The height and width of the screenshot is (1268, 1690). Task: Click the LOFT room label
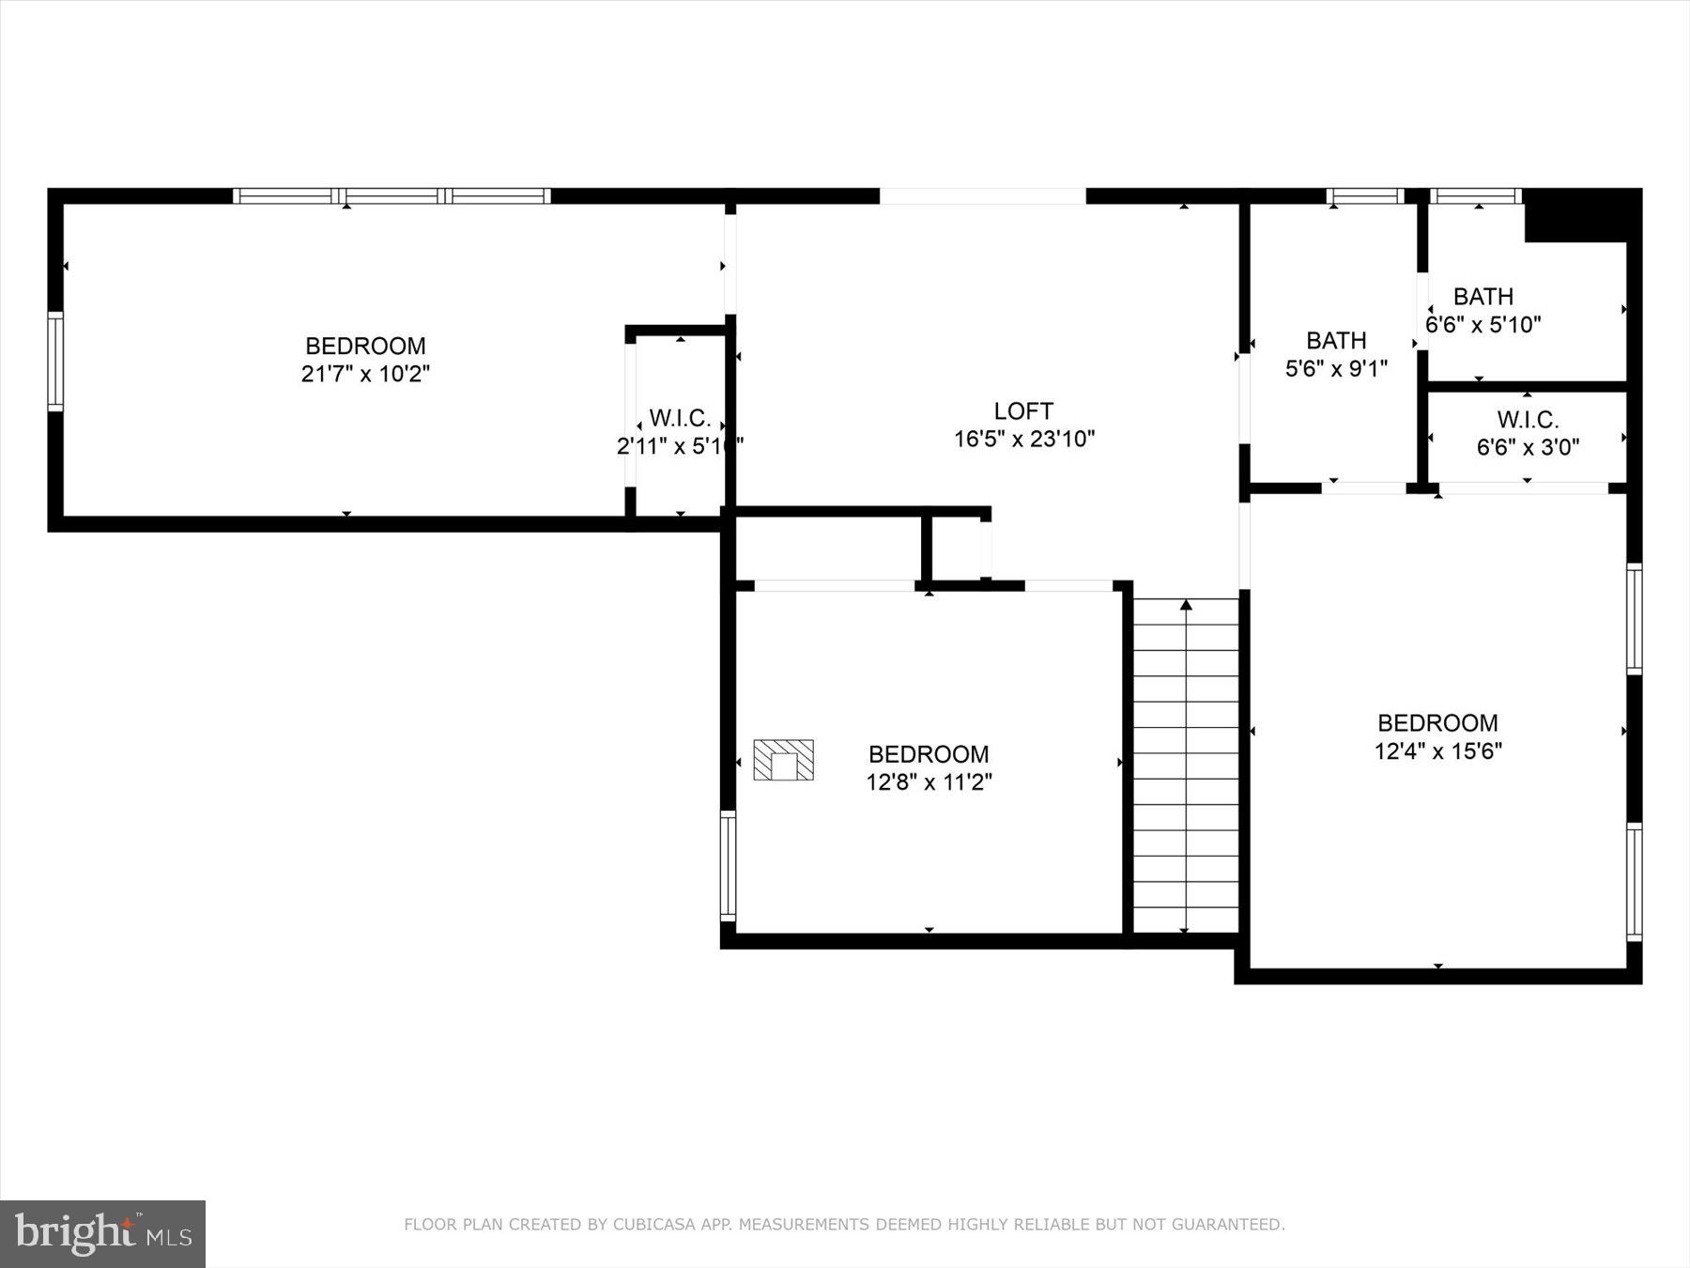tap(1023, 410)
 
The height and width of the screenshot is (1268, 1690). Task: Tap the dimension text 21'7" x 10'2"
tap(365, 374)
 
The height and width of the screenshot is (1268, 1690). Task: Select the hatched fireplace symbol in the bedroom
tap(783, 760)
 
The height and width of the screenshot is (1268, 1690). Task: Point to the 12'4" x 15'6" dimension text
tap(1437, 751)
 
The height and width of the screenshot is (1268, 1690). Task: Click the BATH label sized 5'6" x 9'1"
tap(1336, 340)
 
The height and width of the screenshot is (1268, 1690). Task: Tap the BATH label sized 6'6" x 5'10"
tap(1483, 297)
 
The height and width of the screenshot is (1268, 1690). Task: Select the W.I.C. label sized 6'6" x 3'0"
tap(1528, 420)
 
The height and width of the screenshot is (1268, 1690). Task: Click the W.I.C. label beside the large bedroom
tap(679, 419)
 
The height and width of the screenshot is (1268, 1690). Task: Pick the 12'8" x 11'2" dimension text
tap(929, 782)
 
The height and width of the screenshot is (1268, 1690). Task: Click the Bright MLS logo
tap(102, 1233)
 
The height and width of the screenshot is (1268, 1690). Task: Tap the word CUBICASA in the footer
tap(652, 1225)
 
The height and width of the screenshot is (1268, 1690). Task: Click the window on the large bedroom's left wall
tap(55, 362)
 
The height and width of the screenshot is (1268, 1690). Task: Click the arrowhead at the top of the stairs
tap(1186, 605)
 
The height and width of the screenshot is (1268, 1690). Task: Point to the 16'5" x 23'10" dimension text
tap(1023, 439)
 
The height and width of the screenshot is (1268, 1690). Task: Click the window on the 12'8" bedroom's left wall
tap(728, 865)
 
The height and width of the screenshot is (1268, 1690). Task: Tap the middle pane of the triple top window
tap(392, 196)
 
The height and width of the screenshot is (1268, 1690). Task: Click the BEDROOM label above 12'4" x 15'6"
tap(1437, 723)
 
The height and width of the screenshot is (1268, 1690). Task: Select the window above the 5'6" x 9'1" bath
tap(1364, 196)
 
